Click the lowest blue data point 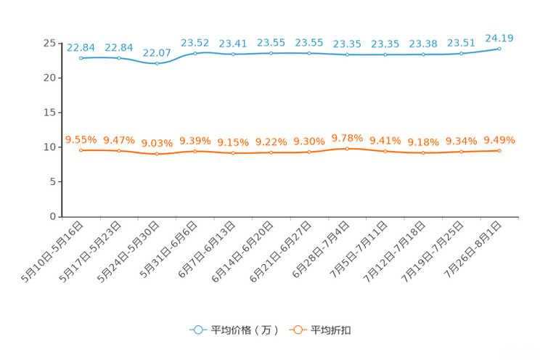[x=157, y=64]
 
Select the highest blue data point [x=499, y=49]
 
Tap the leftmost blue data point [x=81, y=58]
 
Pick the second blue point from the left [x=119, y=58]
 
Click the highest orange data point [x=347, y=148]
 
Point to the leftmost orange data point [x=81, y=150]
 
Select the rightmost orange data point [x=499, y=150]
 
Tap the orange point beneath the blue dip [x=157, y=154]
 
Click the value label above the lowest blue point [x=157, y=52]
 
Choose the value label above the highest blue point [x=499, y=37]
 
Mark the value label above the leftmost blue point [x=81, y=47]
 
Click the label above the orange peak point [x=347, y=137]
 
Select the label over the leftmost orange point [x=81, y=139]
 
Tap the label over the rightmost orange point [x=499, y=139]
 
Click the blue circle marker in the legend [x=197, y=330]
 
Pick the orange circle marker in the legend [x=298, y=330]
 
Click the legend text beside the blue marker [x=244, y=330]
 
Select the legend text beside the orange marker [x=331, y=330]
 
